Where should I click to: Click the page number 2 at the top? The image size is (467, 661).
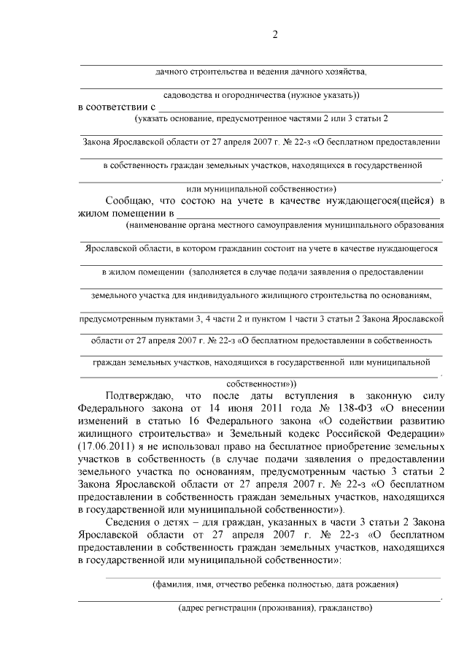(x=275, y=35)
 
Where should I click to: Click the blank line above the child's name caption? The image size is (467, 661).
(x=274, y=576)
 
